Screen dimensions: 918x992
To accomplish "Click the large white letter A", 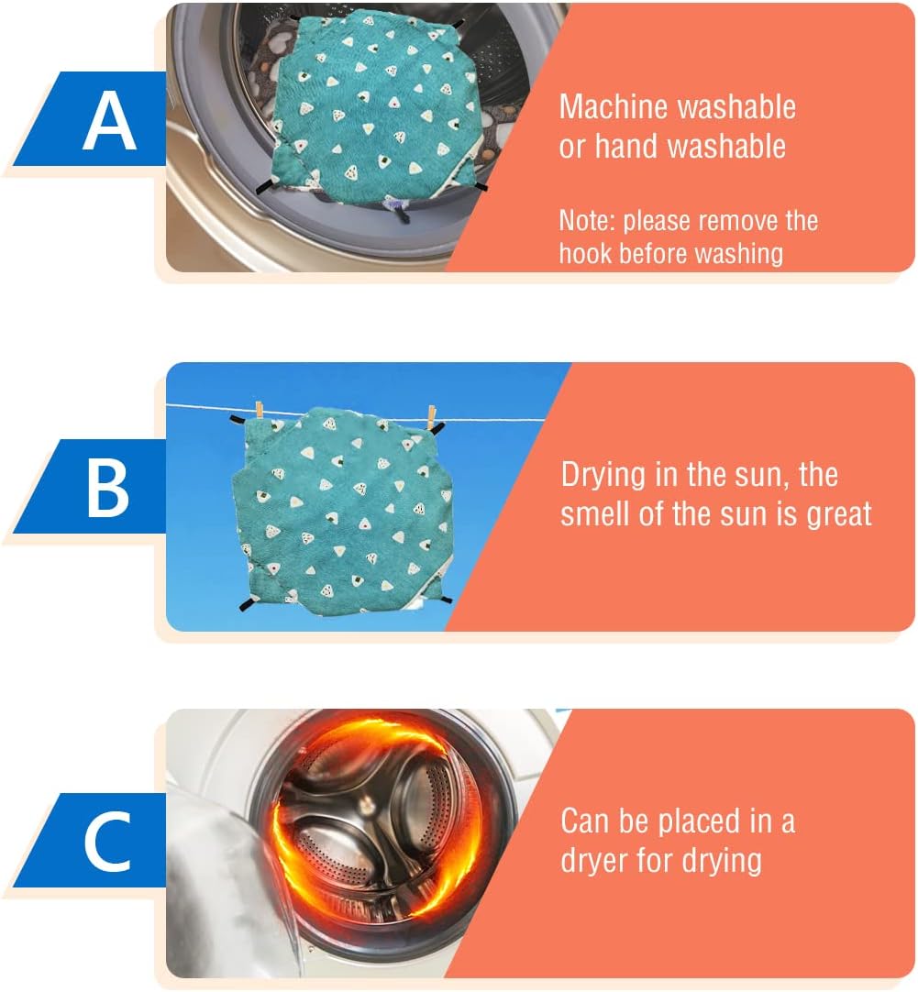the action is click(109, 119).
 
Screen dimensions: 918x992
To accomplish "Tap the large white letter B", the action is click(107, 488).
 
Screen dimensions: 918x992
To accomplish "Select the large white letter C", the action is click(107, 842).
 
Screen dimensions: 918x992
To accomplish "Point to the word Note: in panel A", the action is click(587, 221).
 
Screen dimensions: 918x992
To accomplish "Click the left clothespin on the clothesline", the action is click(260, 409).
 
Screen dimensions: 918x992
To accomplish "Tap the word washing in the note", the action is click(739, 255).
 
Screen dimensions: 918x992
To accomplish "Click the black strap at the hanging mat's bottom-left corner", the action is click(247, 603).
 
